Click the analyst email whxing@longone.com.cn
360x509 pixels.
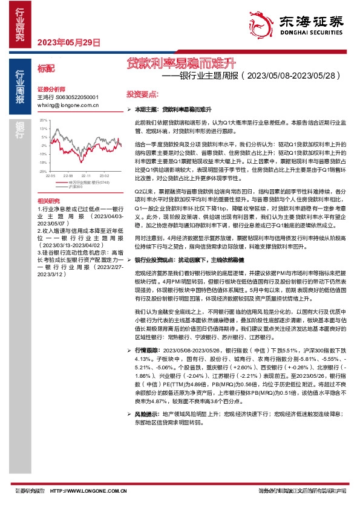(68, 105)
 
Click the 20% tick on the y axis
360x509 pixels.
(43, 120)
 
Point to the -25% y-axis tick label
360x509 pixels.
(42, 171)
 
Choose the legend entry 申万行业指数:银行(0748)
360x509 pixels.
(88, 181)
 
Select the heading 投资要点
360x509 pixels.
(142, 95)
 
